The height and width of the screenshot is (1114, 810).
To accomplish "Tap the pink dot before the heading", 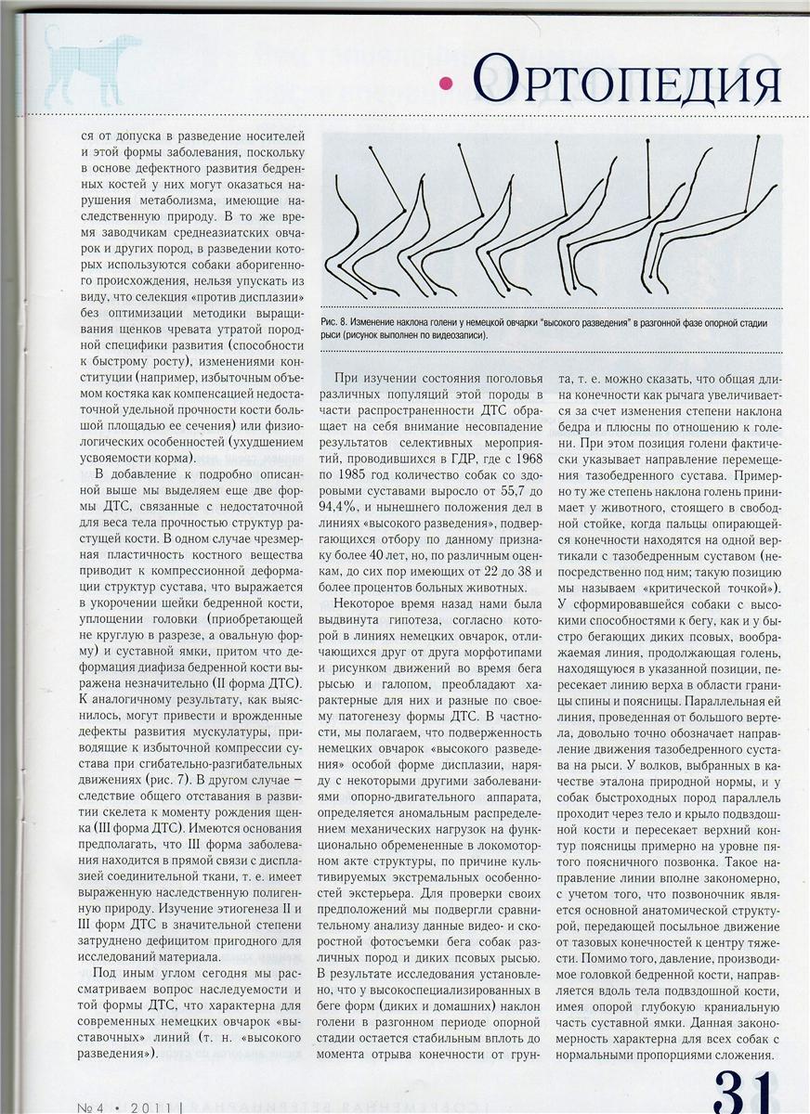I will (x=446, y=84).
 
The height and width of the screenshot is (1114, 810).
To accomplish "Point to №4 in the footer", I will (x=93, y=1106).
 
